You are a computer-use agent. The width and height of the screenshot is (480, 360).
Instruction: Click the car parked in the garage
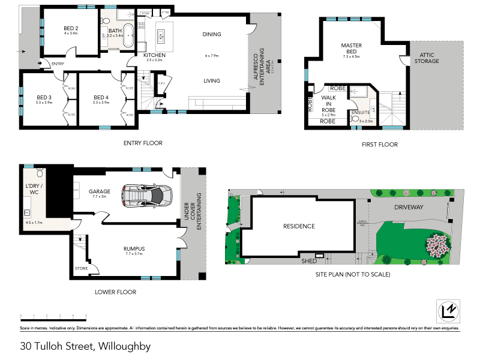point(146,194)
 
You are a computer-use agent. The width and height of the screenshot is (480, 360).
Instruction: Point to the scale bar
point(53,316)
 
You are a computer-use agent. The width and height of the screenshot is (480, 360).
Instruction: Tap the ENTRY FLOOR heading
point(143,143)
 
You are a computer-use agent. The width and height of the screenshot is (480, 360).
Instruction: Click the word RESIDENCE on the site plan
point(299,226)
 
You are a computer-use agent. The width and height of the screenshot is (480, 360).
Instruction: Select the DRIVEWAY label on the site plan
point(409,207)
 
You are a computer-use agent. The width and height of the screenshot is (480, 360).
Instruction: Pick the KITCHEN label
point(154,55)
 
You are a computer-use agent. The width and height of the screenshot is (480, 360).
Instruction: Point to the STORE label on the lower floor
point(81,268)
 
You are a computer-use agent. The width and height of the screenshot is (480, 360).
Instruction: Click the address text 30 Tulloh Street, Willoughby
point(85,346)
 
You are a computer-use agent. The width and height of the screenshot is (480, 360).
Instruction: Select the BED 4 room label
point(100,98)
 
